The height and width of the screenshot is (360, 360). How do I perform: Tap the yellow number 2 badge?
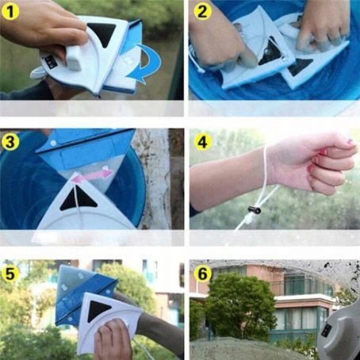(201, 13)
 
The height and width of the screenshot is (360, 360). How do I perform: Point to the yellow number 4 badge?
(201, 143)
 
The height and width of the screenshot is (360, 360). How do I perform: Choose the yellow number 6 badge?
(201, 271)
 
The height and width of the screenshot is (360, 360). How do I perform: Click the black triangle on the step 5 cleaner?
(101, 308)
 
